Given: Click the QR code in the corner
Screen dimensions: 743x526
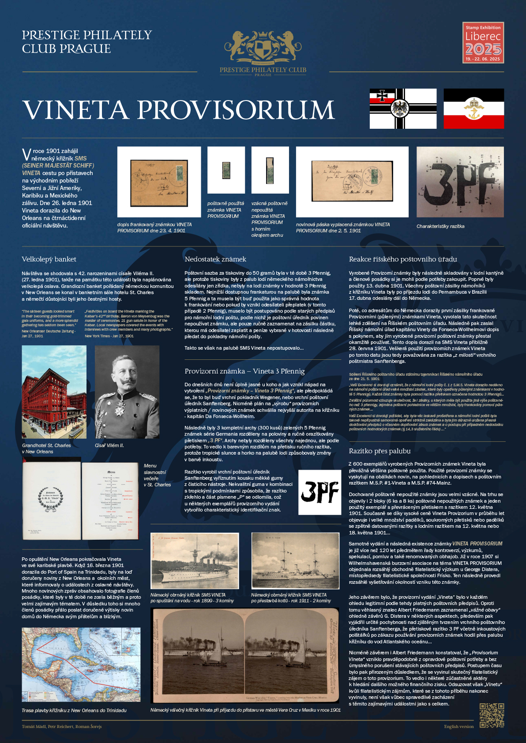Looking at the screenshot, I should click(x=492, y=715).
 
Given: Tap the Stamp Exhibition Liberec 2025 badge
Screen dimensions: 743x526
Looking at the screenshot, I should click(x=483, y=43).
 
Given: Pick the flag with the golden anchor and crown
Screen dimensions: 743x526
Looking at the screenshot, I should click(x=473, y=108).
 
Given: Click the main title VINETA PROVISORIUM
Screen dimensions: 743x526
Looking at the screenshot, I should click(x=178, y=110).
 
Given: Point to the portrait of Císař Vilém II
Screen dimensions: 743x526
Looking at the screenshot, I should click(x=127, y=392).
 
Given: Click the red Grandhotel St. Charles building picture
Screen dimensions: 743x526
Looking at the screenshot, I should click(x=54, y=392).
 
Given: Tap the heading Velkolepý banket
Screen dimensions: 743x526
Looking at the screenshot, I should click(x=49, y=259).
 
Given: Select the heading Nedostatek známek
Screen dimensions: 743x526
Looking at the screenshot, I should click(x=215, y=259).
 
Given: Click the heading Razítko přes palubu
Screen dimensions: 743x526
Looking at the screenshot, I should click(x=379, y=451).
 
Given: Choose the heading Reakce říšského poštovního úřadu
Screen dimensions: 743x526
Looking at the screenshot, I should click(x=403, y=259).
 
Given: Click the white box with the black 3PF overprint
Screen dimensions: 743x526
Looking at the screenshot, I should click(x=319, y=492).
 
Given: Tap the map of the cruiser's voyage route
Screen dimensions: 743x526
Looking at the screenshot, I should click(x=81, y=665).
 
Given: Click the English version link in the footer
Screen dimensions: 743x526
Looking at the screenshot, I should click(x=458, y=727).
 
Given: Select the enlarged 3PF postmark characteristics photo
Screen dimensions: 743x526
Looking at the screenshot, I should click(x=460, y=182).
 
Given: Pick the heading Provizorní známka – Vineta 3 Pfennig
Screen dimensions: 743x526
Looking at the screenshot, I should click(x=244, y=371).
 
